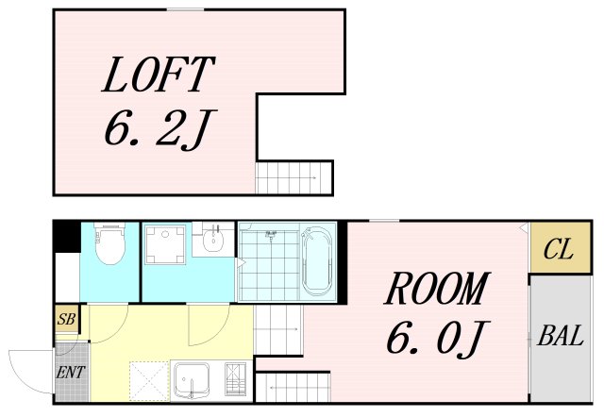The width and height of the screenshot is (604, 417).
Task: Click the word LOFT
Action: point(158,75)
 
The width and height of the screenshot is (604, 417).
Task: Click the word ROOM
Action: point(437,289)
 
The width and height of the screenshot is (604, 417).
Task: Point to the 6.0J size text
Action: point(438,338)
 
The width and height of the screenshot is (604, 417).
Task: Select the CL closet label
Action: point(559,249)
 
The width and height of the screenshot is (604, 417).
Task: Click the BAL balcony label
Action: point(561,335)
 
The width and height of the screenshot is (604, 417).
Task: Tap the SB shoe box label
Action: point(67,319)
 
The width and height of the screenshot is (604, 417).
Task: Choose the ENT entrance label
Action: point(71,373)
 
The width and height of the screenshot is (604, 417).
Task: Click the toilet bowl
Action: point(110,243)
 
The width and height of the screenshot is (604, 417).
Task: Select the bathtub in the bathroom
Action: point(317,261)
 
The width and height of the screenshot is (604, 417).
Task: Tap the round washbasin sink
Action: point(213,240)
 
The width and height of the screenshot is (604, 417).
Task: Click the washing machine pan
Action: point(165,245)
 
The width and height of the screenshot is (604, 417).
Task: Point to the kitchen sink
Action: point(192,380)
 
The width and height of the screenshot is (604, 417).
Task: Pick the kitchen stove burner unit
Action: point(235,379)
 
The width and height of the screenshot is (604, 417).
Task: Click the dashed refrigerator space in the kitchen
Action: point(149,381)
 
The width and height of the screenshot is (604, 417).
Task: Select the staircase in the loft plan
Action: point(294,177)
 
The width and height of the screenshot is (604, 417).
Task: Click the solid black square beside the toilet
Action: point(67,237)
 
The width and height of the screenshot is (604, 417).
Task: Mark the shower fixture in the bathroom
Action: point(271,234)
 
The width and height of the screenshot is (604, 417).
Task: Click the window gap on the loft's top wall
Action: point(185,9)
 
